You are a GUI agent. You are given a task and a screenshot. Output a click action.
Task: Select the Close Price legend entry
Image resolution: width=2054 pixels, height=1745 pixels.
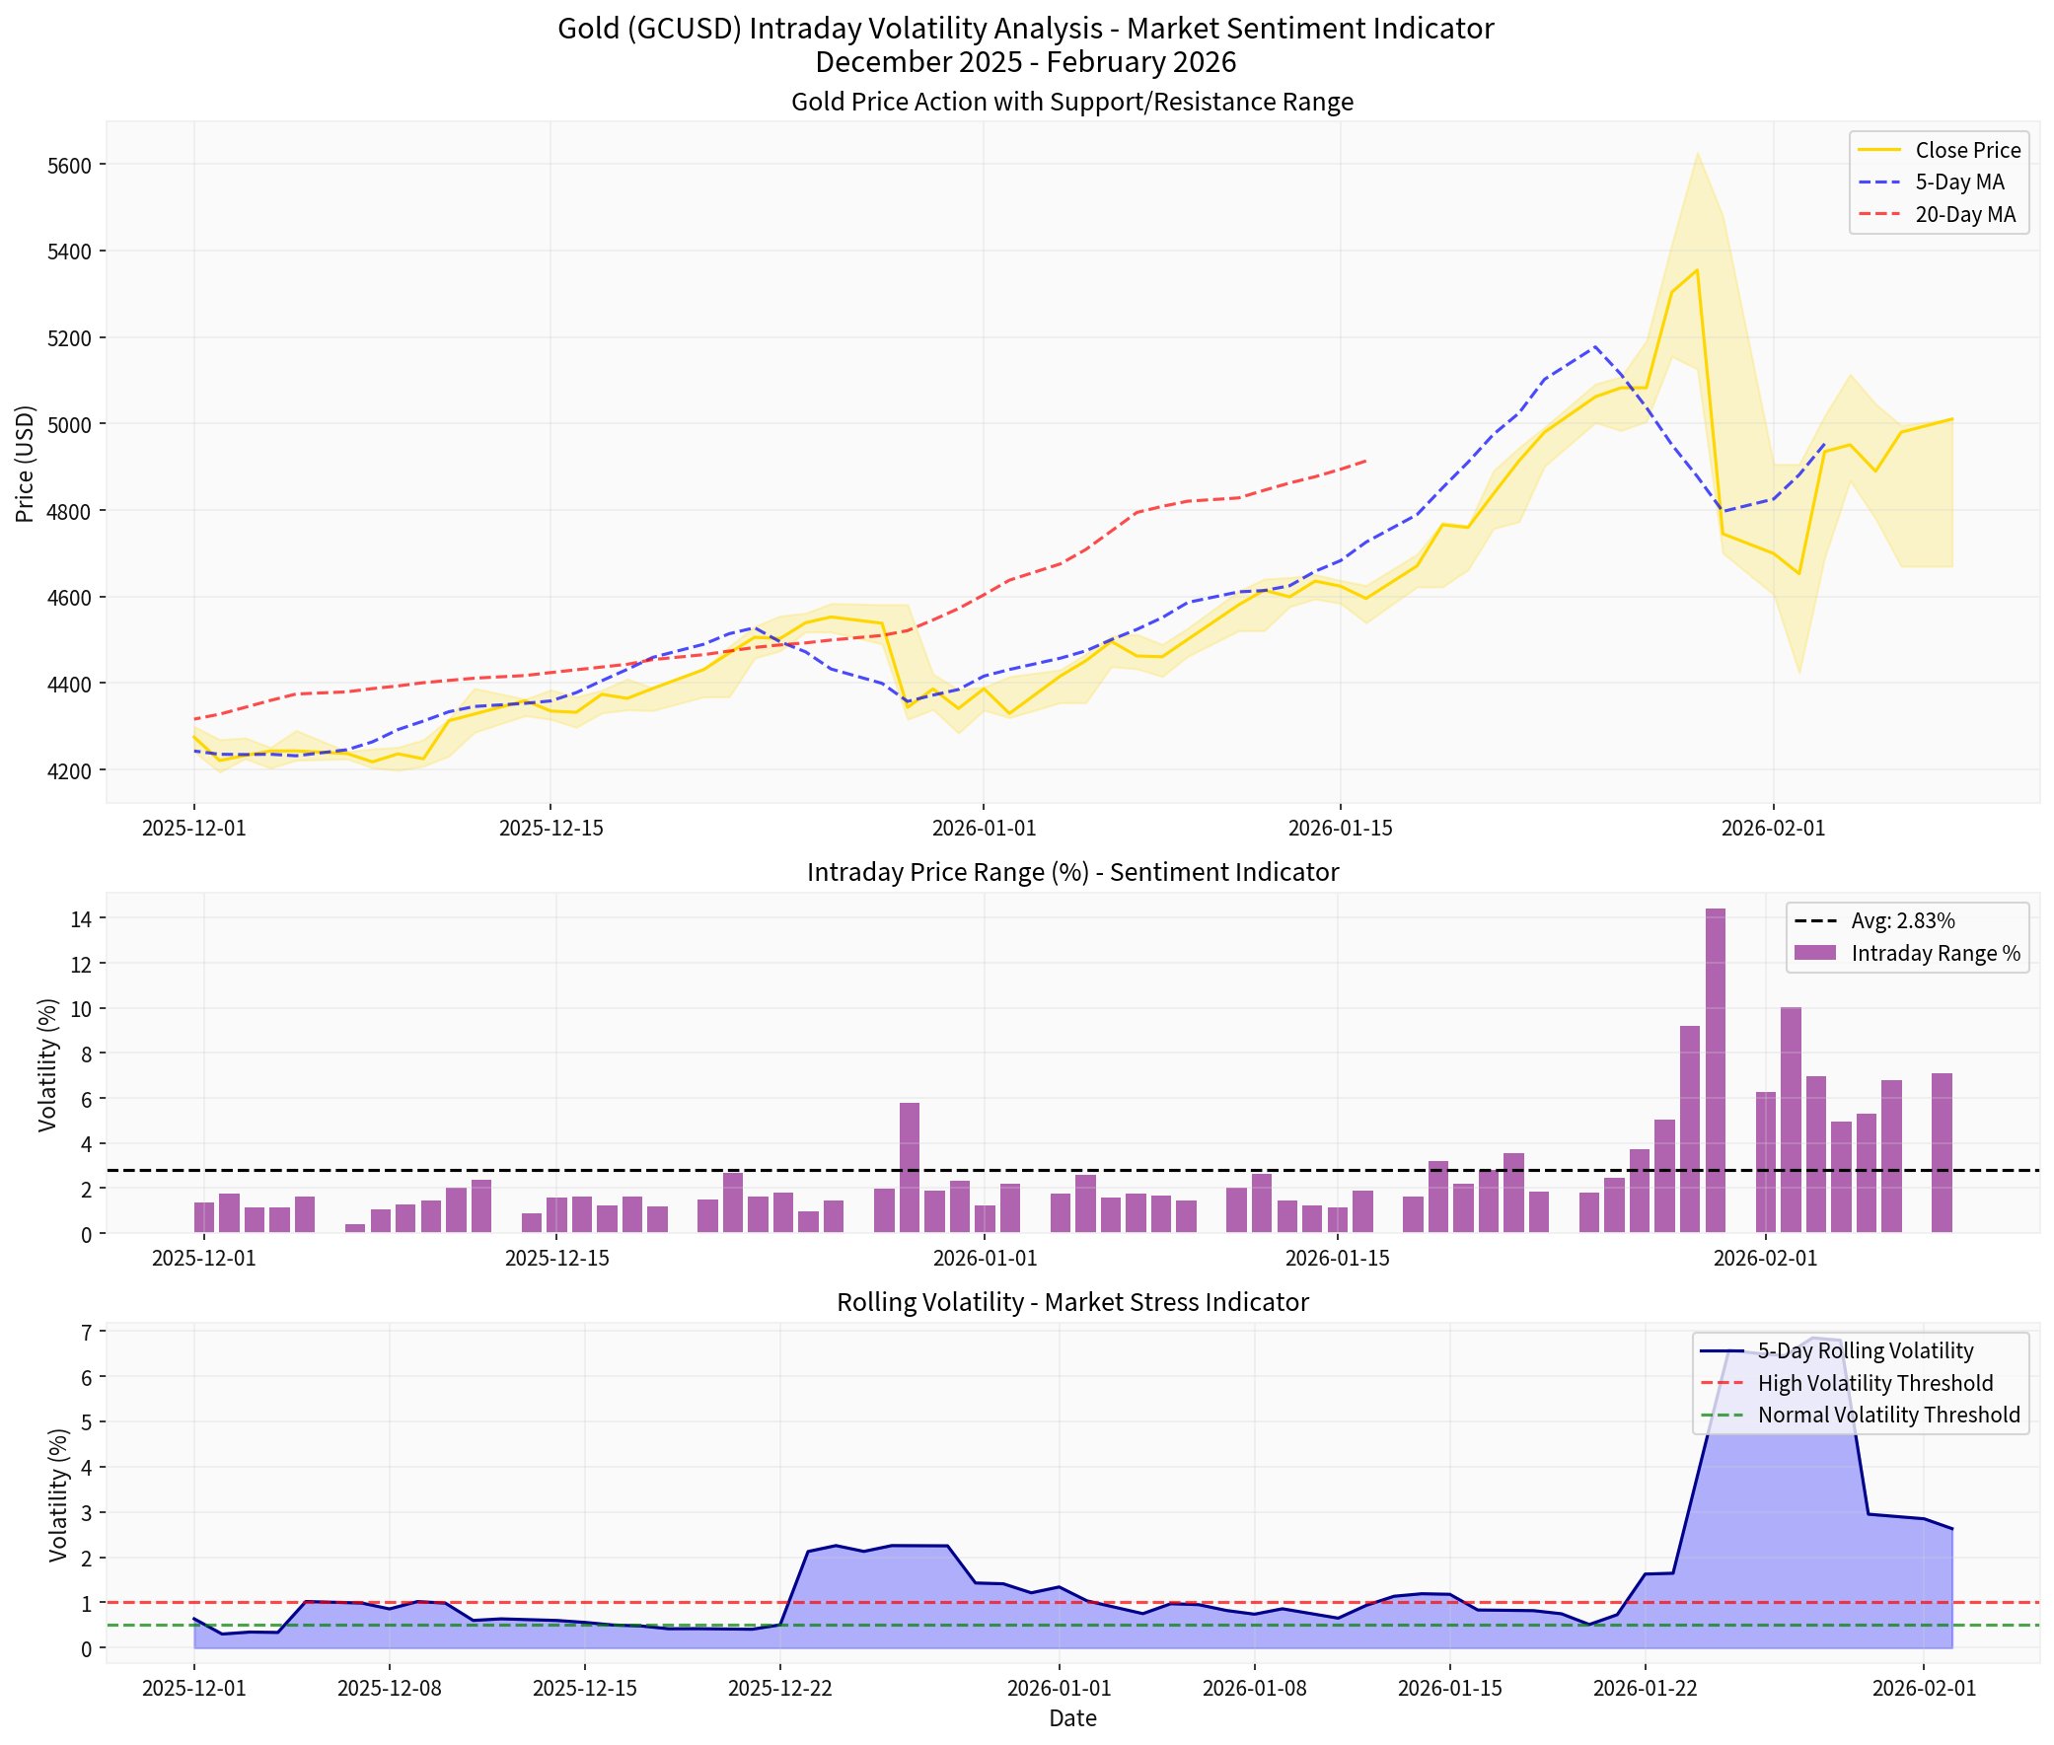tap(1967, 150)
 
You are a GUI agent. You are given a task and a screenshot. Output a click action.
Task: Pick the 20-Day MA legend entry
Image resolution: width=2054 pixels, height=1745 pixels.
tap(1964, 215)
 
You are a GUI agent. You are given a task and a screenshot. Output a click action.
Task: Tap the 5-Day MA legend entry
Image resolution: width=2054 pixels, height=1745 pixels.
tap(1959, 182)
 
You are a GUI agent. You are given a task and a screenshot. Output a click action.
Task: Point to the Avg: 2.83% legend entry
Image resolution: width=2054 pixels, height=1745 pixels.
tap(1903, 921)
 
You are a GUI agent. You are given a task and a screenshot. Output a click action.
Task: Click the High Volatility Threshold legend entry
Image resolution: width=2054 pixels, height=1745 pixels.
tap(1873, 1383)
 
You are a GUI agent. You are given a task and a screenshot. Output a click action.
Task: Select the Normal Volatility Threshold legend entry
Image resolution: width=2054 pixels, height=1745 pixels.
tap(1888, 1415)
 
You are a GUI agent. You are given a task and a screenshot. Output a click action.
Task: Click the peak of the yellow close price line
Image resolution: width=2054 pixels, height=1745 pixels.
tap(1697, 270)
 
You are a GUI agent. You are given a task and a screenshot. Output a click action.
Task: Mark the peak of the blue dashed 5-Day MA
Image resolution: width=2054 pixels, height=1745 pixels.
tap(1594, 347)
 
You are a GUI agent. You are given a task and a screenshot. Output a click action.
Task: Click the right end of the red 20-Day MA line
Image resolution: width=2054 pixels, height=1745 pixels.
tap(1365, 460)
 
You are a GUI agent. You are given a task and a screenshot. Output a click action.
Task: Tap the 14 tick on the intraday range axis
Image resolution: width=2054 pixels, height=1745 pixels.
tap(81, 919)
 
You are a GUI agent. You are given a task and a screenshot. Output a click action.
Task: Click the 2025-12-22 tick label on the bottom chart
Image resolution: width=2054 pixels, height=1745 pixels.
tap(779, 1688)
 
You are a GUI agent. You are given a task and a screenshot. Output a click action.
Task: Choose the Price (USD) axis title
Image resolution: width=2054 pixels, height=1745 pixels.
tap(26, 463)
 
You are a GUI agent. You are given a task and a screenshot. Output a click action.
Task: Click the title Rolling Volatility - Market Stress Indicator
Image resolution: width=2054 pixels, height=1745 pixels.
tap(1071, 1302)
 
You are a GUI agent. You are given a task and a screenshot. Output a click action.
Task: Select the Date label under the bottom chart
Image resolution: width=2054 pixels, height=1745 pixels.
tap(1071, 1718)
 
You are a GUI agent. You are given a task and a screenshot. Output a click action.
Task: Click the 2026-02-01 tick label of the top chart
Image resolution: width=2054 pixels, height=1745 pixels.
tap(1772, 828)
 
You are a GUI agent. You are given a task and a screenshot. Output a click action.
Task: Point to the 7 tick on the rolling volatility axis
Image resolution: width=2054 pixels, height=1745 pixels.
tap(86, 1332)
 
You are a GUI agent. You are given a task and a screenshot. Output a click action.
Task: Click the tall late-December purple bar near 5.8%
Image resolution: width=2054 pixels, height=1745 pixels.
tap(909, 1167)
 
